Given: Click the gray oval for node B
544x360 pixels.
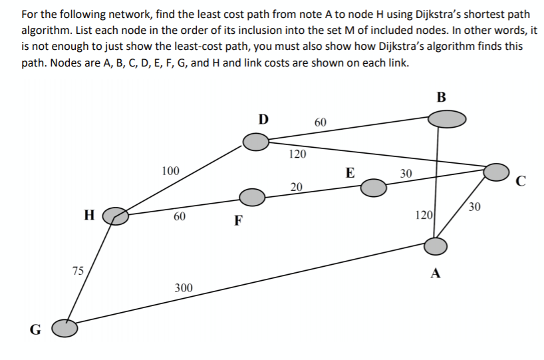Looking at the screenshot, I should (x=446, y=119).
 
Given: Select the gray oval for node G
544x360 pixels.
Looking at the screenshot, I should (x=65, y=327).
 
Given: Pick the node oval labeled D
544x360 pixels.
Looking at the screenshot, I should (x=255, y=141).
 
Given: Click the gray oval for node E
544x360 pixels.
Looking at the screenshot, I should (x=374, y=189).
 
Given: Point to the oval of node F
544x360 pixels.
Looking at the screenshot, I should (x=252, y=196).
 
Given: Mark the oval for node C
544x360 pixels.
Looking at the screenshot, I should (x=496, y=172).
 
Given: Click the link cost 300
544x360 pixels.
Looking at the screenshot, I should (x=184, y=287).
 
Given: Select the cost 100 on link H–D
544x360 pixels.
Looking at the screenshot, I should (x=170, y=171).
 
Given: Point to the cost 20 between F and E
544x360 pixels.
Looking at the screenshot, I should (x=296, y=186).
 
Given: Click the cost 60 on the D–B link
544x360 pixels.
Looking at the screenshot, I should (x=320, y=122).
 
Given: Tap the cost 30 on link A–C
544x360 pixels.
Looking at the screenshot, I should (x=474, y=207).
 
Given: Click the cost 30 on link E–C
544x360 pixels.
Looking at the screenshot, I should (x=406, y=173).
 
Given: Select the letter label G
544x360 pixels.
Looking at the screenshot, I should (x=35, y=329).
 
